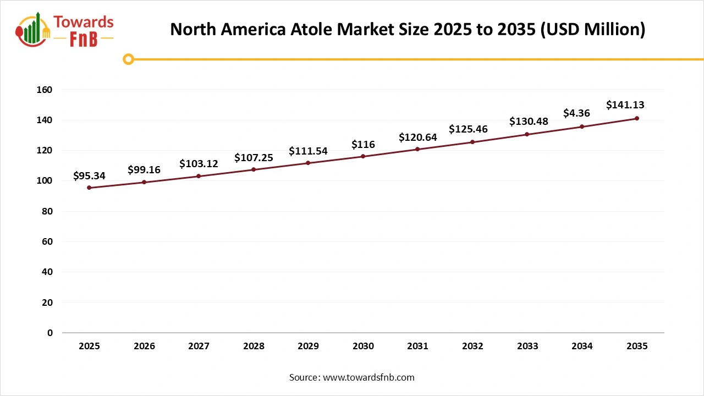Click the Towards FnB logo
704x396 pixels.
[x=65, y=30]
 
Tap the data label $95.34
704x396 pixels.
[x=89, y=176]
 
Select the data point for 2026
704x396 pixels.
[x=144, y=182]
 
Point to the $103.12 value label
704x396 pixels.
[x=199, y=164]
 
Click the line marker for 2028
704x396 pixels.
[x=254, y=169]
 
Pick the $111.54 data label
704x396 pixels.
[x=308, y=151]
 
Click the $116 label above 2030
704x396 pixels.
[x=363, y=145]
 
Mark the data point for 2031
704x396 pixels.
[x=417, y=149]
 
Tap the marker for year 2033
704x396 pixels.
[x=527, y=134]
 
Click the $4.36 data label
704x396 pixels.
[x=576, y=113]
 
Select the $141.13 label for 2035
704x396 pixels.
[x=625, y=105]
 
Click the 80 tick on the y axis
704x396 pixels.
[x=47, y=211]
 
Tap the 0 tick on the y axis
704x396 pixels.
[x=50, y=333]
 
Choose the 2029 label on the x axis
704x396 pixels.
[x=308, y=346]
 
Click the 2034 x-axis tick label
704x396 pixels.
[x=582, y=346]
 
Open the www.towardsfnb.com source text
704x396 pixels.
[x=368, y=377]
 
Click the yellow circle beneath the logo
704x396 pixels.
[x=128, y=59]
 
